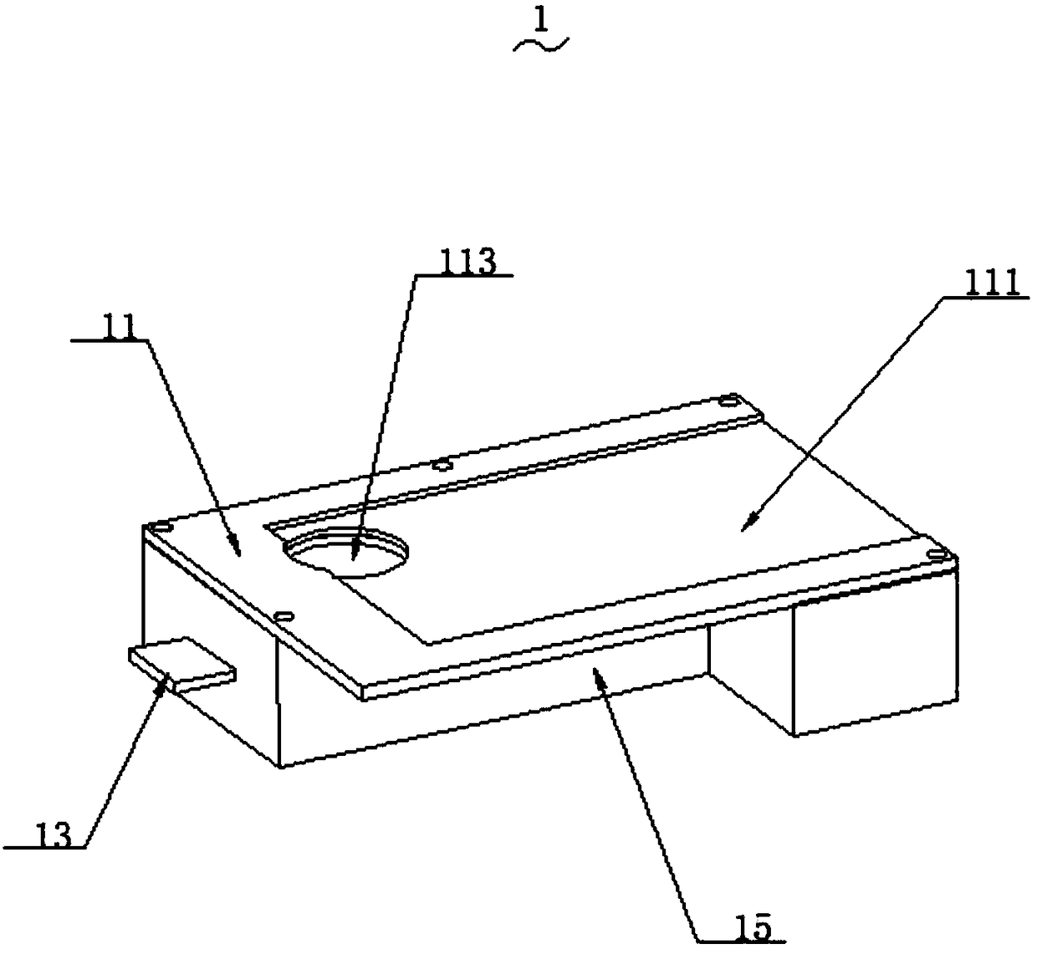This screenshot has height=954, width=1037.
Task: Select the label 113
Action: pyautogui.click(x=467, y=261)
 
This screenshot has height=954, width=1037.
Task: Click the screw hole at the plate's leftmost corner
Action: pyautogui.click(x=159, y=528)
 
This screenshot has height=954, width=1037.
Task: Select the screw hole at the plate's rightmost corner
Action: pyautogui.click(x=935, y=554)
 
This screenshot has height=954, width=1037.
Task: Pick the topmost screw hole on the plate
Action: pyautogui.click(x=730, y=398)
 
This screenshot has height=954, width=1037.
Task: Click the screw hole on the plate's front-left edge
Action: pyautogui.click(x=283, y=615)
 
